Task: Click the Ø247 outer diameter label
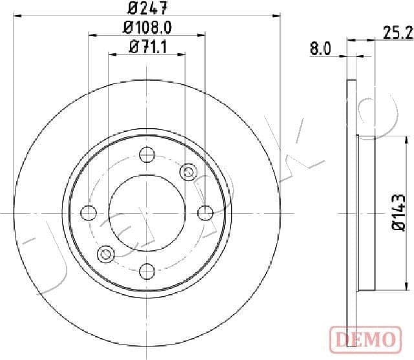point(147,9)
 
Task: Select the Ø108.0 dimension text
point(147,27)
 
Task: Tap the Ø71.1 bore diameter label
point(147,46)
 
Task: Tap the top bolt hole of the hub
point(147,154)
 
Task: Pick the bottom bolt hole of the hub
point(147,271)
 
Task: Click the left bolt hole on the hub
point(89,213)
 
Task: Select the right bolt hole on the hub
point(206,213)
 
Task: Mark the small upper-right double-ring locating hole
point(189,172)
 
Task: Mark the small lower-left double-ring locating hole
point(106,253)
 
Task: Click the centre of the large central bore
point(147,213)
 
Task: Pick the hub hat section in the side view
point(366,213)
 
